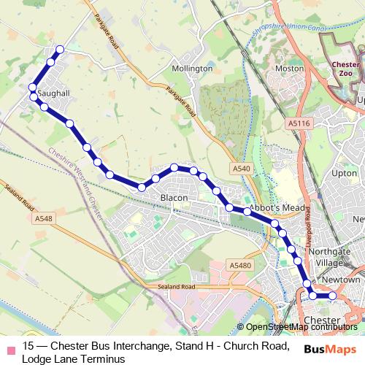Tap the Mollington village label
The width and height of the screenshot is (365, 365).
click(x=191, y=69)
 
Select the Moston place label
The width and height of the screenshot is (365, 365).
click(x=288, y=68)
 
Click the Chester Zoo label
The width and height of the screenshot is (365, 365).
click(x=345, y=69)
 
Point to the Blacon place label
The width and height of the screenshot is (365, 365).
click(x=174, y=198)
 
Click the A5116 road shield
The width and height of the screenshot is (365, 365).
click(x=299, y=123)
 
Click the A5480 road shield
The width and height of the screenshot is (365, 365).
click(x=239, y=265)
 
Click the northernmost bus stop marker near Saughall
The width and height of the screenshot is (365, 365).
click(x=60, y=49)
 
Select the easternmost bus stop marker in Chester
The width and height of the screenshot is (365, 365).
click(x=332, y=296)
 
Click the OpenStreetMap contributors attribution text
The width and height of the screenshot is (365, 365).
click(x=301, y=327)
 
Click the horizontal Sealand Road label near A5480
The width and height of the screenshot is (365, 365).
click(x=177, y=287)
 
